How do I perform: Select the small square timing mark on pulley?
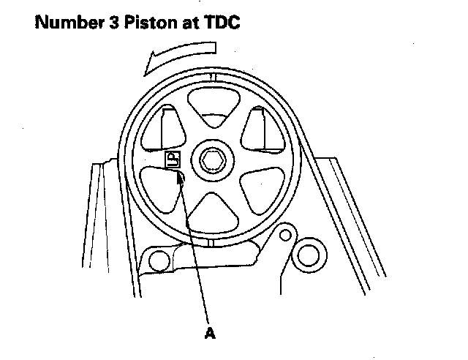tap(173, 160)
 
